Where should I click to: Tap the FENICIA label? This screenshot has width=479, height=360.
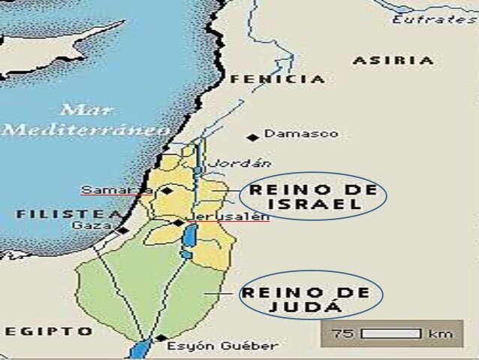[277, 79]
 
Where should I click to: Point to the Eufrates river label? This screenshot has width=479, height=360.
[434, 19]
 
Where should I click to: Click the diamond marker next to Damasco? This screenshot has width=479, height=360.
[254, 137]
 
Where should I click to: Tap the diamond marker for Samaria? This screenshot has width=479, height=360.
[167, 191]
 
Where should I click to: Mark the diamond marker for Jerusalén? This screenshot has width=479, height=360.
[176, 222]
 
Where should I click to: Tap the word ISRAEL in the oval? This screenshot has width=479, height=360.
[313, 204]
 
